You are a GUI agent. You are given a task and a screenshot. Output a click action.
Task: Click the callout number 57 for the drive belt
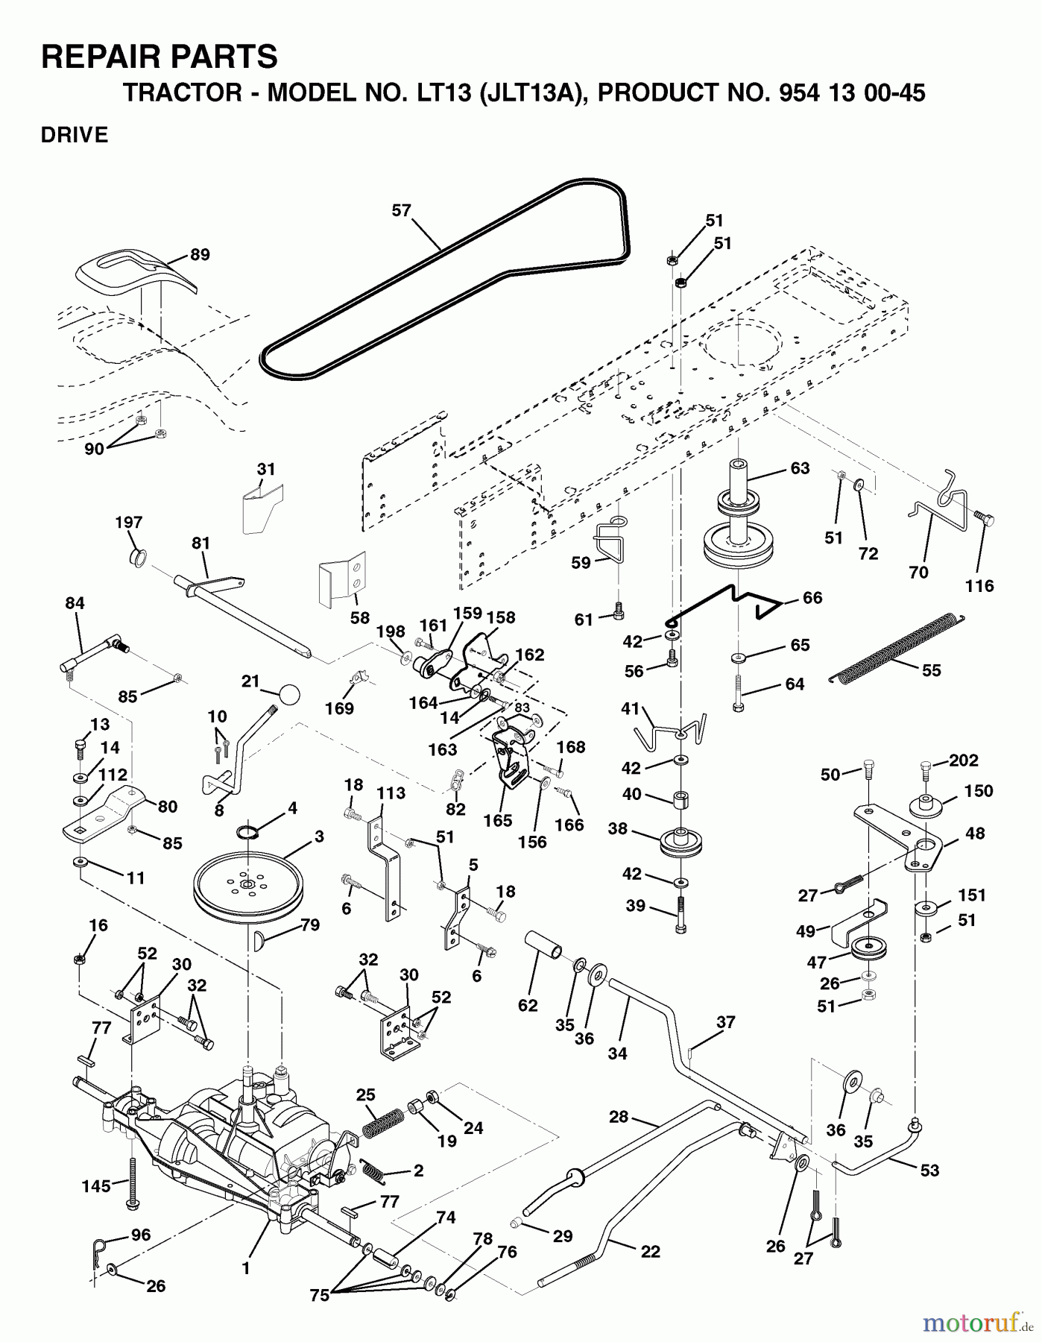[402, 211]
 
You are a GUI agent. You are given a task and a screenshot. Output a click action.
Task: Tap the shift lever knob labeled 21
[289, 695]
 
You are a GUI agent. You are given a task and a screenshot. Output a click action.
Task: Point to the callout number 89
[200, 254]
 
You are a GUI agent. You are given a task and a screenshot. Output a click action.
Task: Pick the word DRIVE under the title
[75, 135]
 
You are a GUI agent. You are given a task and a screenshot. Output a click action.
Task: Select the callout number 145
[96, 1185]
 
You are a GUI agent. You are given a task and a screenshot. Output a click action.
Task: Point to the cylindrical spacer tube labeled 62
[547, 951]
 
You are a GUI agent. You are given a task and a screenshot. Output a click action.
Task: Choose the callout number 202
[964, 762]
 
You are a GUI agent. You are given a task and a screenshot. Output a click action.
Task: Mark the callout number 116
[979, 586]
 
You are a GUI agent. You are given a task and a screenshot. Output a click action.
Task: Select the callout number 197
[129, 523]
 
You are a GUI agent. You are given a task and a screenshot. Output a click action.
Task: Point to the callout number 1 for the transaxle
[246, 1267]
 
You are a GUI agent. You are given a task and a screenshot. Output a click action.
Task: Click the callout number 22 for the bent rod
[651, 1252]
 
